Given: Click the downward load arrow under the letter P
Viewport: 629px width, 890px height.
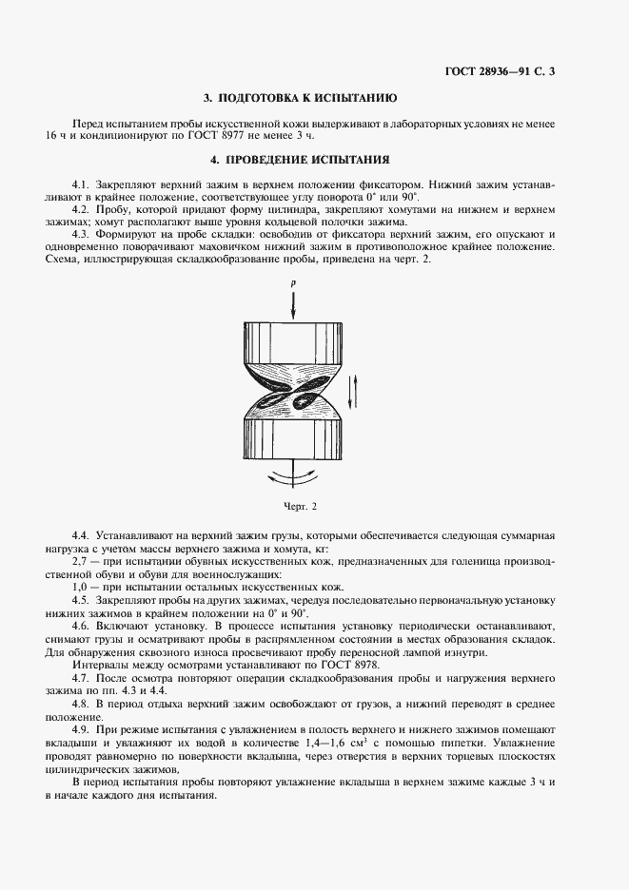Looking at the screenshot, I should (x=293, y=305).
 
